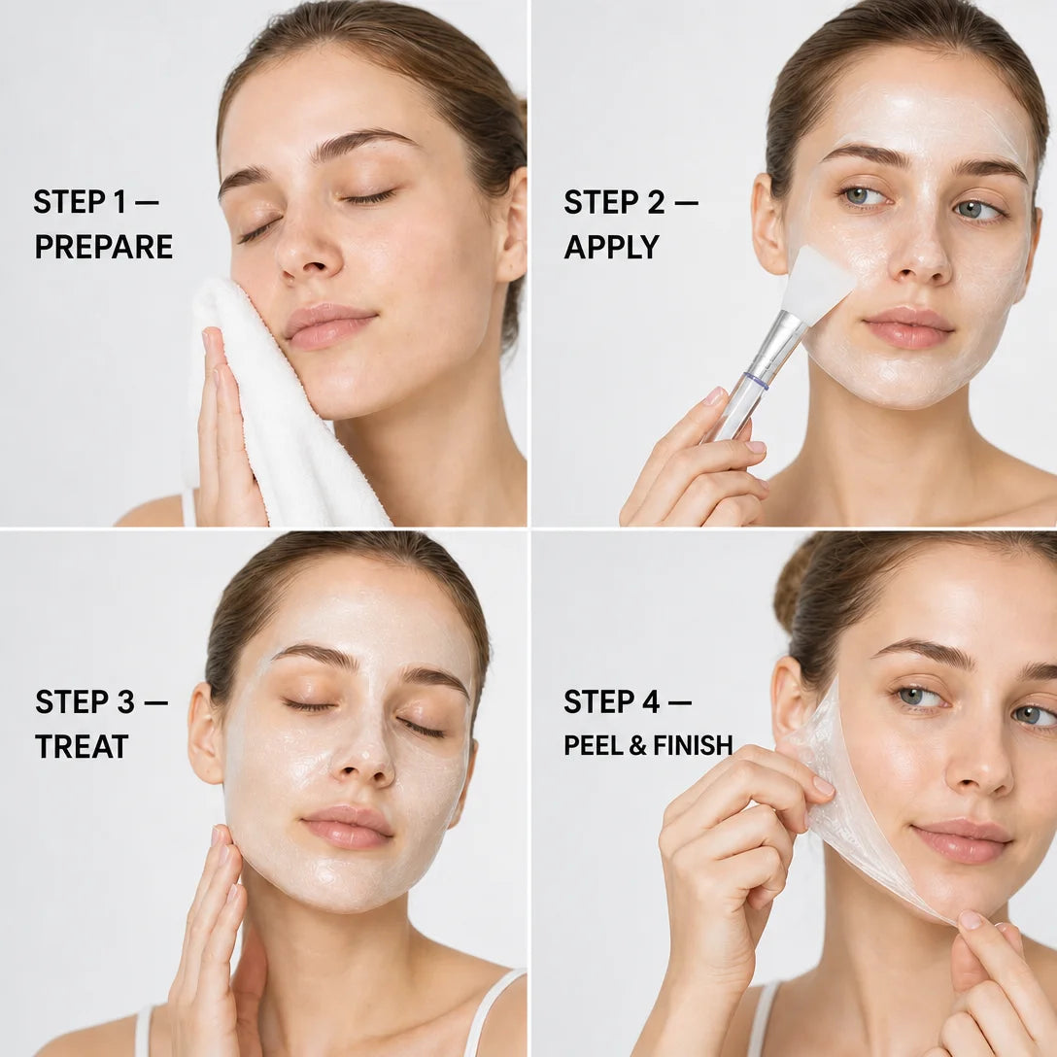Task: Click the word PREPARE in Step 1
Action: point(104,247)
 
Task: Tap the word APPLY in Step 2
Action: point(611,247)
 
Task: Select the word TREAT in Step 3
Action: point(82,746)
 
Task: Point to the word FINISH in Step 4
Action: point(693,745)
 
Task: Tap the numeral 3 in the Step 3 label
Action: point(126,701)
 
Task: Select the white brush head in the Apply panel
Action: point(817,283)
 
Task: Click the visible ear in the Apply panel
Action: point(768,222)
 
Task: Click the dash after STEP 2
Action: point(686,202)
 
